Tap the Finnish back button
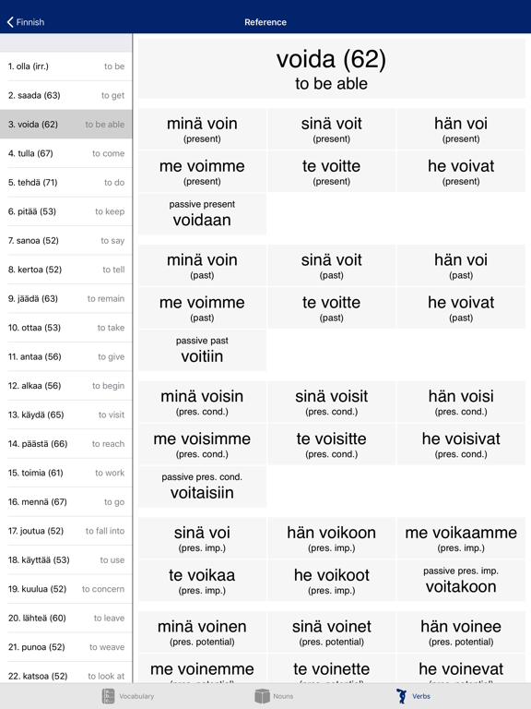click(26, 22)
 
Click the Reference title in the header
click(265, 22)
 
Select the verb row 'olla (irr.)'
click(65, 66)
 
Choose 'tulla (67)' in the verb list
click(65, 153)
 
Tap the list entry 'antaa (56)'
click(65, 356)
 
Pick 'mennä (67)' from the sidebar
click(65, 502)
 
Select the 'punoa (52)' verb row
click(65, 647)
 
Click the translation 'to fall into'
click(105, 531)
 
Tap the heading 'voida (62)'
click(331, 60)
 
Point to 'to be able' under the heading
click(331, 84)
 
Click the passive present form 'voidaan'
click(202, 220)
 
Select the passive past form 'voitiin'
click(202, 355)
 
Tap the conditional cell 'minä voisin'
click(202, 402)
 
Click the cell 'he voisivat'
click(461, 444)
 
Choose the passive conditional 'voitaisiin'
click(202, 492)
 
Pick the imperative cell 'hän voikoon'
click(331, 537)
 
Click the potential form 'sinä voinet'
click(331, 631)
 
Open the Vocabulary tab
click(128, 696)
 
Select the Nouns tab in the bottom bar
click(274, 696)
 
